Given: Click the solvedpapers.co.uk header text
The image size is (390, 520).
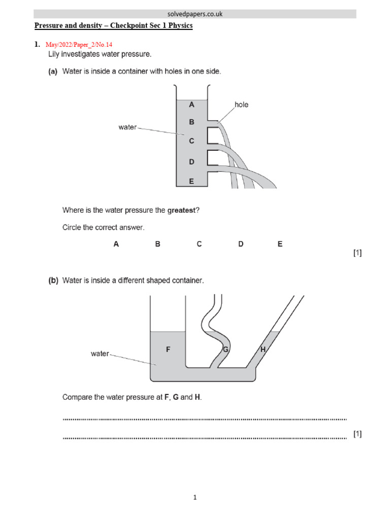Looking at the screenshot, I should tap(195, 14).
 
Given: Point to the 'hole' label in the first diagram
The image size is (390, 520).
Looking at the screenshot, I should tap(241, 105).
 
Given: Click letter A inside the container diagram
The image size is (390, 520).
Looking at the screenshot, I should tap(191, 105).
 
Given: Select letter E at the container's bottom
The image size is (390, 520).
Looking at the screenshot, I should tap(191, 180).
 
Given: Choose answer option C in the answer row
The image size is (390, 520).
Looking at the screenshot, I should tap(200, 244).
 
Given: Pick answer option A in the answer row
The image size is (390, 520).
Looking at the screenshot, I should tap(116, 244).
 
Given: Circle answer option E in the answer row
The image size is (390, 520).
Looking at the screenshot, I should tap(280, 244).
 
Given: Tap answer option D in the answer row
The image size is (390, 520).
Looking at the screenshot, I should tap(241, 244).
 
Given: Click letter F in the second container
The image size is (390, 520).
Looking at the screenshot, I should tap(168, 349).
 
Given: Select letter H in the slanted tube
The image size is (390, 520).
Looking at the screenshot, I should tap(263, 349).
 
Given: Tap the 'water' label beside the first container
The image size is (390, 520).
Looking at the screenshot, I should tap(127, 127).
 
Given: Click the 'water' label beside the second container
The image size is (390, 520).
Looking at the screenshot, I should tap(100, 353).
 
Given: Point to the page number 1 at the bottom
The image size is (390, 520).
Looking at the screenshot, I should tap(195, 498).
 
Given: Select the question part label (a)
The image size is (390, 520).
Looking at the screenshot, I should tap(53, 72).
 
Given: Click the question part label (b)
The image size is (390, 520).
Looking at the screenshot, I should tap(53, 280).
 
